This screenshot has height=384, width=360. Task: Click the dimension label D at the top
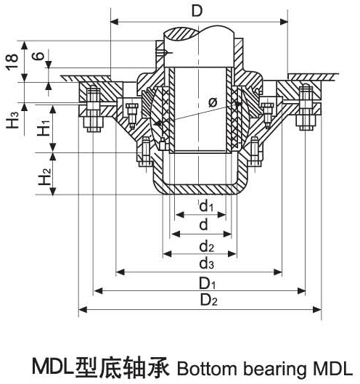click(197, 11)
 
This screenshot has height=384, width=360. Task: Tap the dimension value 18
click(10, 63)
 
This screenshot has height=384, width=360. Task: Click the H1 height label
click(44, 129)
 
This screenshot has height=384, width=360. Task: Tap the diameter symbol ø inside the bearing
click(212, 103)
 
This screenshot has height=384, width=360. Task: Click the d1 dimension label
click(205, 208)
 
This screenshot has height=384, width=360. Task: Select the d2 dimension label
click(205, 245)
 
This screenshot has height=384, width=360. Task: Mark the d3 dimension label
click(205, 263)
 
